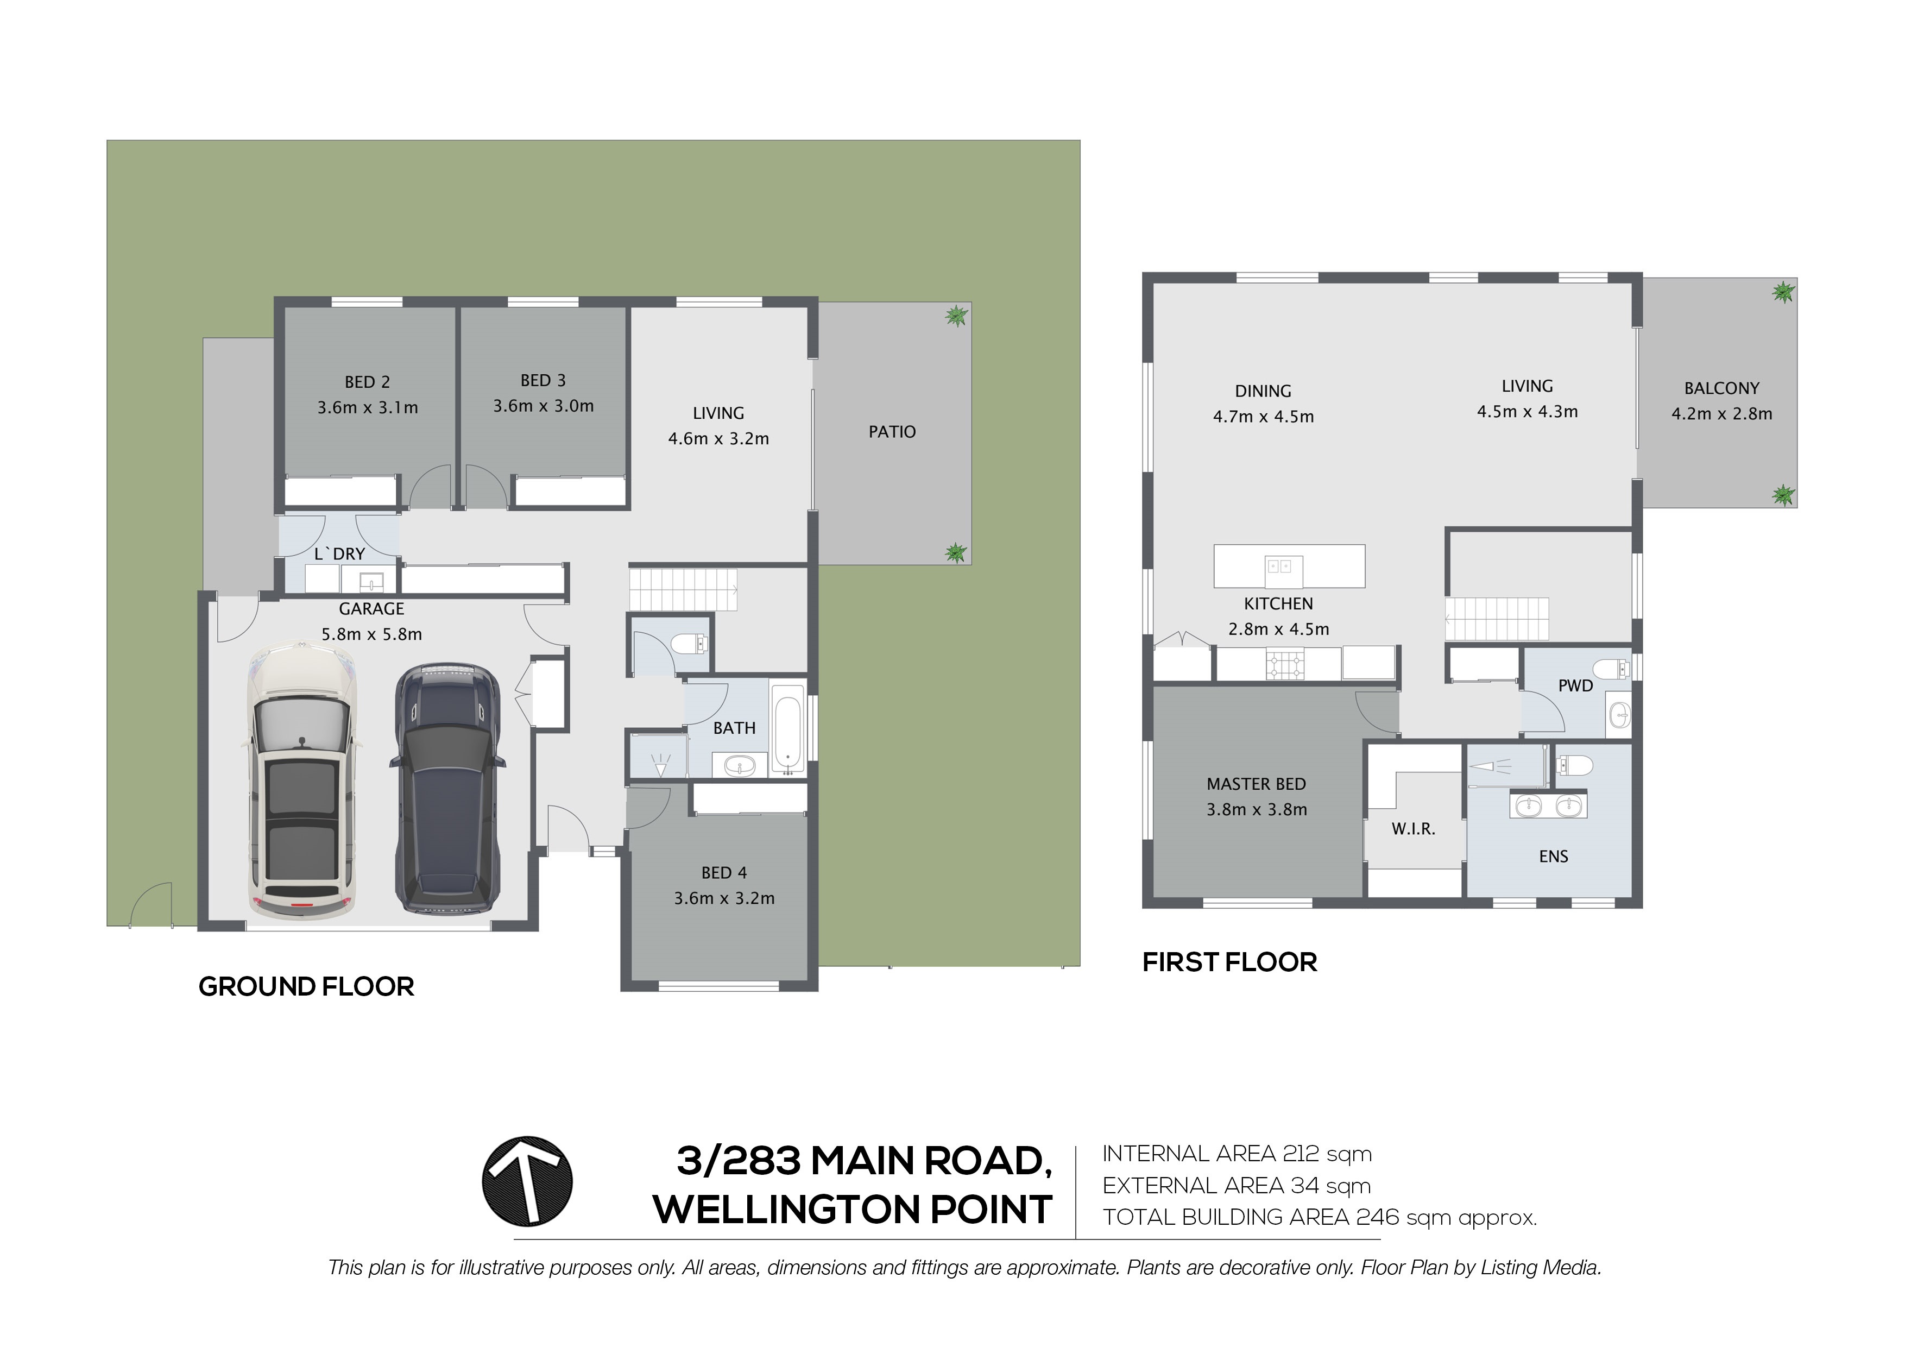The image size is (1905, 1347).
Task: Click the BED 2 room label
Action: pyautogui.click(x=368, y=382)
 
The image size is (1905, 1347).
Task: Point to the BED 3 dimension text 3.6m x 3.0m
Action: pyautogui.click(x=544, y=406)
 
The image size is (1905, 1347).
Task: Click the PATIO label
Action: pyautogui.click(x=892, y=432)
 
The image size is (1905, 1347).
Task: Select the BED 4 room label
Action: pyautogui.click(x=724, y=872)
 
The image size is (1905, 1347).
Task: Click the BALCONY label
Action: pyautogui.click(x=1721, y=388)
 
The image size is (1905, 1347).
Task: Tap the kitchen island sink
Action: pyautogui.click(x=1278, y=567)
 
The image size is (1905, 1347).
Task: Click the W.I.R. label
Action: pyautogui.click(x=1413, y=828)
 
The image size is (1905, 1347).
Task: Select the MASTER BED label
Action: pyautogui.click(x=1256, y=783)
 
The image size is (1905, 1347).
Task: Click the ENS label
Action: pyautogui.click(x=1553, y=857)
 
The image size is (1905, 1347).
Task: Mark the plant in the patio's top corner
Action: pyautogui.click(x=957, y=316)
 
